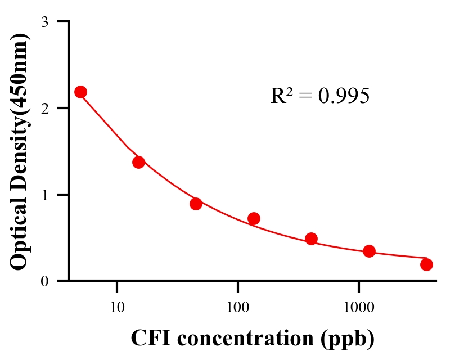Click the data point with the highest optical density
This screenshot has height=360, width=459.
[80, 92]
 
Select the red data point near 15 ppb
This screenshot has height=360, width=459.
[138, 162]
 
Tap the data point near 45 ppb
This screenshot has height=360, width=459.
[196, 204]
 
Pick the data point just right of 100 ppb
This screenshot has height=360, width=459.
[254, 218]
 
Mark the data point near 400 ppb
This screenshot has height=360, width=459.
[311, 238]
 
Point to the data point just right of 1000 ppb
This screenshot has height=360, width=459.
[369, 251]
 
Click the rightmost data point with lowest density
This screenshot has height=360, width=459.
[426, 264]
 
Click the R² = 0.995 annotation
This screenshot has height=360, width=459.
[319, 96]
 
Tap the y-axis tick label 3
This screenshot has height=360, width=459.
[44, 22]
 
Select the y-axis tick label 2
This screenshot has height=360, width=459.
[44, 108]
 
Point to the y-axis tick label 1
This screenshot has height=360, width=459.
[44, 195]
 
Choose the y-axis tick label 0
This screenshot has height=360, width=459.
[44, 281]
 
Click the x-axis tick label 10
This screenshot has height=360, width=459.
[117, 307]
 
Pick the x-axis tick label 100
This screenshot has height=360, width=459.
[237, 307]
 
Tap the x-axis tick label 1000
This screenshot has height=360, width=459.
[358, 307]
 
